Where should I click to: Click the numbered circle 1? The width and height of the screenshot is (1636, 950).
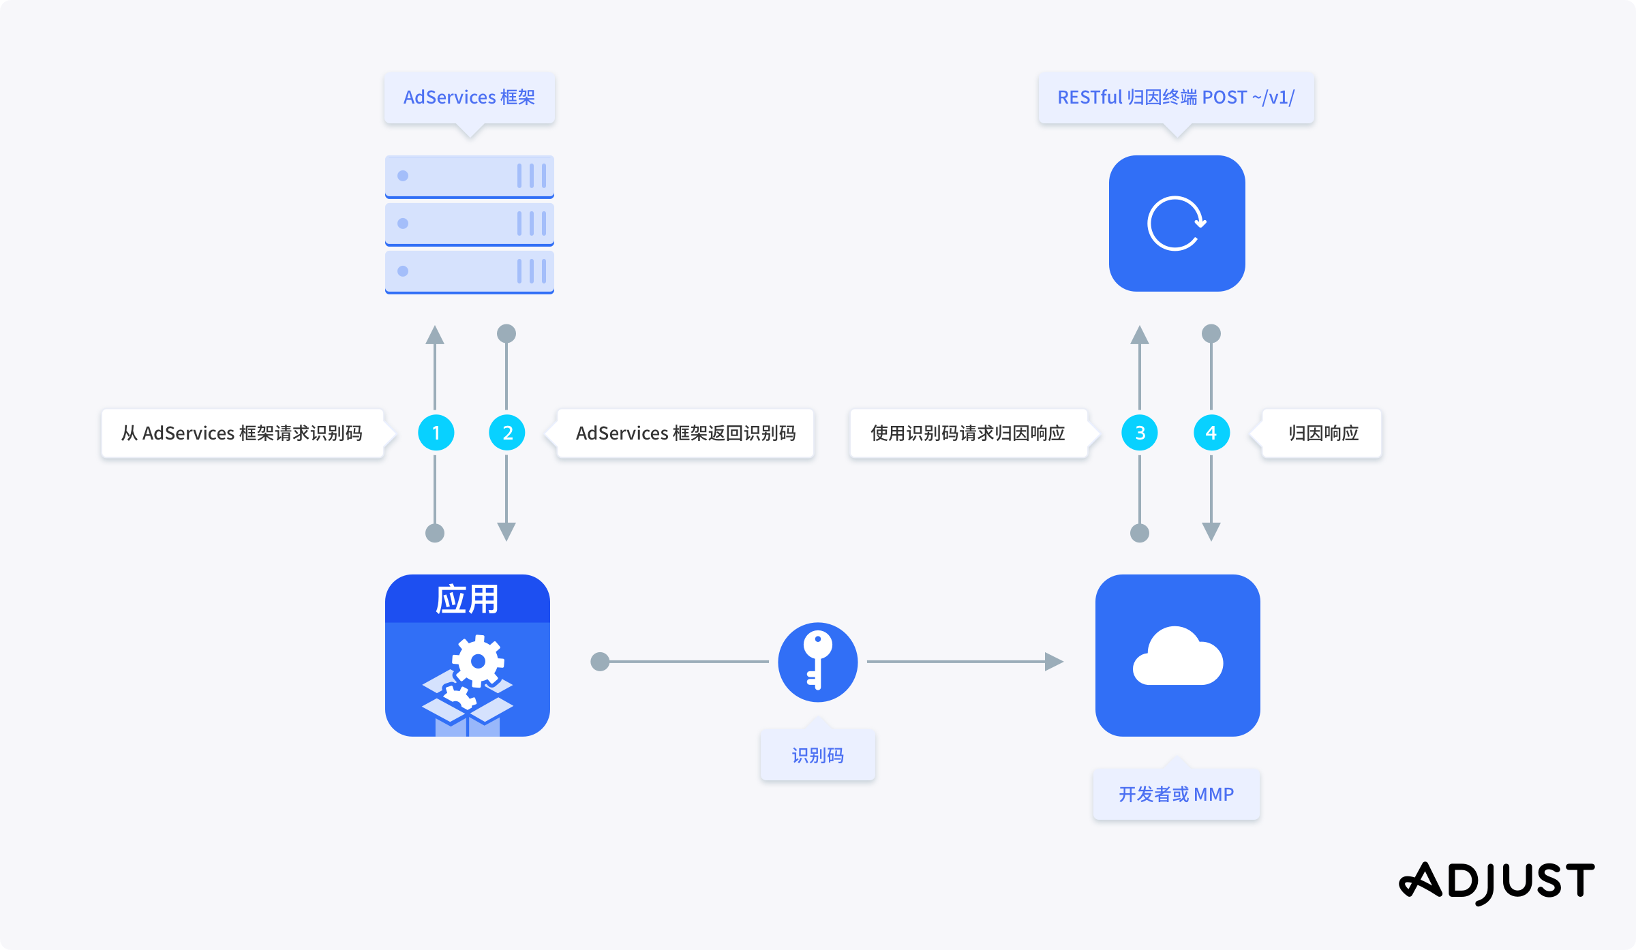(x=436, y=433)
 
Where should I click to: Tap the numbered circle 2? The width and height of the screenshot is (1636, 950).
(x=507, y=433)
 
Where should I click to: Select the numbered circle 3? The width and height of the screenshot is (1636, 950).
(x=1140, y=433)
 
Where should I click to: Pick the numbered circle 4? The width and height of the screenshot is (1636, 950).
(x=1211, y=433)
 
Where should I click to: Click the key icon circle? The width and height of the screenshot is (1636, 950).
(x=817, y=662)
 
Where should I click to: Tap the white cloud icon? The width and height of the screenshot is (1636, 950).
(x=1178, y=657)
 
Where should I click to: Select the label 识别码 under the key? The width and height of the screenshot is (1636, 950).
(x=817, y=755)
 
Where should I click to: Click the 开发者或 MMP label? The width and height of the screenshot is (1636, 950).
(x=1176, y=794)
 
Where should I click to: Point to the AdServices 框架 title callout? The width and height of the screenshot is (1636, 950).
(x=469, y=97)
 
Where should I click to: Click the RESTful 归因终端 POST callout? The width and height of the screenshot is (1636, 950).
(x=1176, y=97)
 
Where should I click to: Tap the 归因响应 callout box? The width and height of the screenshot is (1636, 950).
(x=1322, y=433)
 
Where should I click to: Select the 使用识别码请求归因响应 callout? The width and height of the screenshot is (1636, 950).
(x=967, y=433)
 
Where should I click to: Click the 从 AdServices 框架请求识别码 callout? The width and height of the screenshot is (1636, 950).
(x=242, y=433)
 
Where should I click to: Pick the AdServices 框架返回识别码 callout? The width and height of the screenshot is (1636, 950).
(x=685, y=433)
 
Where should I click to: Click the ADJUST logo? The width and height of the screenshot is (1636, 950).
(x=1496, y=882)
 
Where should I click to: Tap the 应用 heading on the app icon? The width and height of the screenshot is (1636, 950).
(x=468, y=600)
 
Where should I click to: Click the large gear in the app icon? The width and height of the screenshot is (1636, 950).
(x=479, y=660)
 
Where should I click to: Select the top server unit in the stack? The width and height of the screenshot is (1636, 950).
(x=469, y=176)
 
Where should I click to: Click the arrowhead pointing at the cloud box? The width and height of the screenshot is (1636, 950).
(x=1054, y=661)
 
